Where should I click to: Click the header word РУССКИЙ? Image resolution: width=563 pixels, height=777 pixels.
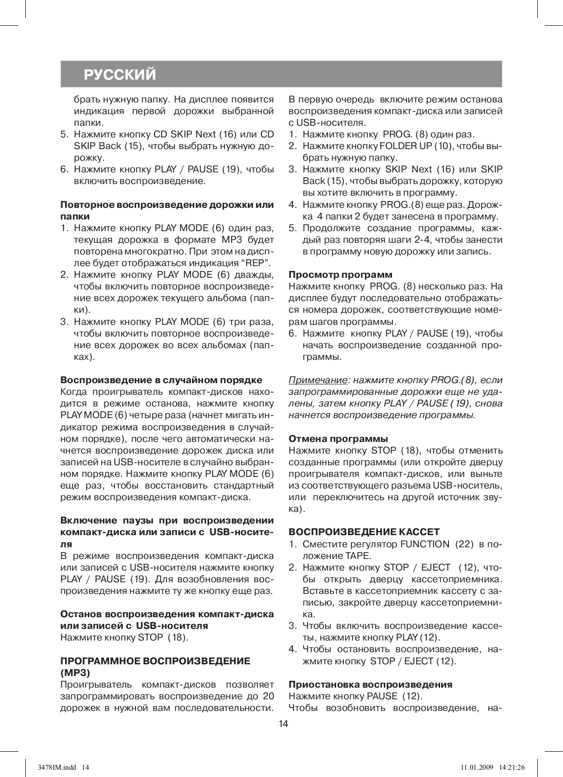[120, 75]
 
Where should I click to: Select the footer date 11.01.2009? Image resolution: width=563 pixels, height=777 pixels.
[476, 767]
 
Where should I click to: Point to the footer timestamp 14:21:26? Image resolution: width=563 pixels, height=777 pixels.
[511, 767]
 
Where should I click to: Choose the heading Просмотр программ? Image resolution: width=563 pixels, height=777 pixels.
[341, 275]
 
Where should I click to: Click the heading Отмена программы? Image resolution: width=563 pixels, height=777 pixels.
[338, 439]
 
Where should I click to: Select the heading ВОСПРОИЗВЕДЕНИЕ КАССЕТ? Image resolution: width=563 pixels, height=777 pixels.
[364, 532]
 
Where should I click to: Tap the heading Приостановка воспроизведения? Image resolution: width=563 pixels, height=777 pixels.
[370, 684]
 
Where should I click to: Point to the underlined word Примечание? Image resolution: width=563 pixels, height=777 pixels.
[318, 380]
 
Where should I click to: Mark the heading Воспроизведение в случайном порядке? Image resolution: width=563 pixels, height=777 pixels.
[161, 380]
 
